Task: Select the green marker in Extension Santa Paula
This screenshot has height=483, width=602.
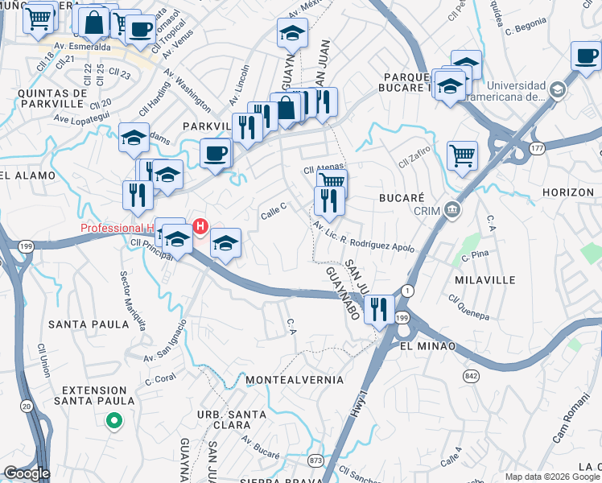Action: coord(114,419)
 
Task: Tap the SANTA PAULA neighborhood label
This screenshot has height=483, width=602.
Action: coord(89,324)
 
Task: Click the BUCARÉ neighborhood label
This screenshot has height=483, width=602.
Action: coord(402,196)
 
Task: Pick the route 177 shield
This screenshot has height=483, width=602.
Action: coord(538,148)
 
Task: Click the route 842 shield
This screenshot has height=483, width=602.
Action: coord(472,375)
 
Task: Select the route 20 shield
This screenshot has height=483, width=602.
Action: coord(27,406)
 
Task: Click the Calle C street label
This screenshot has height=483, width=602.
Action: coord(274,211)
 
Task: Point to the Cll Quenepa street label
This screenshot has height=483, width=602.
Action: coord(468,305)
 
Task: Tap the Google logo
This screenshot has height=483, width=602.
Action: coord(27,473)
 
